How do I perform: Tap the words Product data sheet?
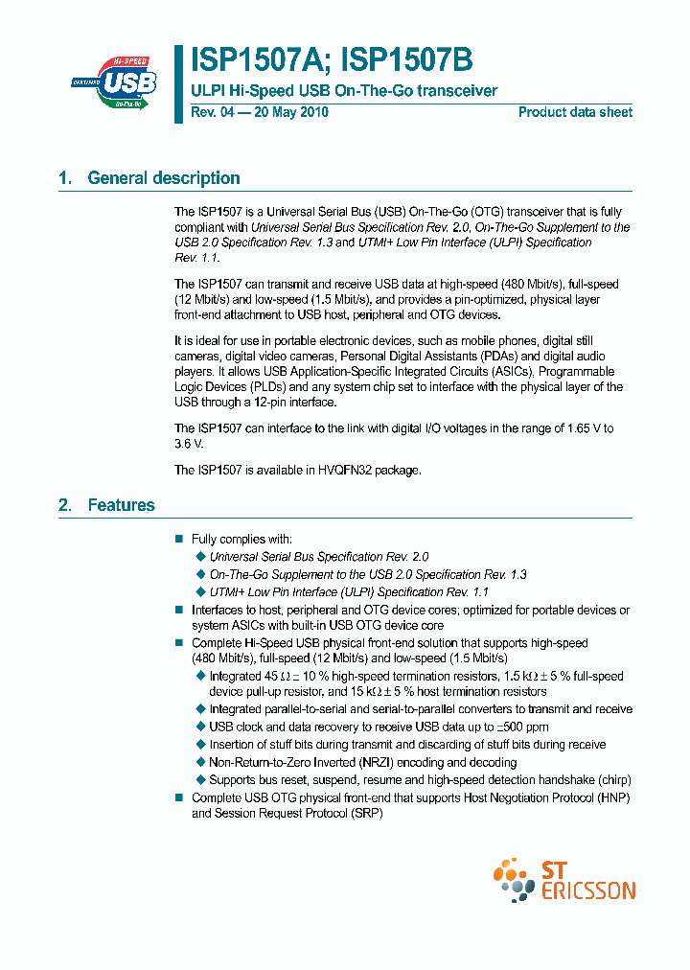[x=575, y=112]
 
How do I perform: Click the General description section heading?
[x=163, y=177]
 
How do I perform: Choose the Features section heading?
[x=121, y=505]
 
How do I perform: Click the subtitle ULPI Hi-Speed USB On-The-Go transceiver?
[x=344, y=91]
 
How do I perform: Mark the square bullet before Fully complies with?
[x=178, y=540]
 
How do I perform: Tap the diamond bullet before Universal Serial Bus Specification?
[x=200, y=557]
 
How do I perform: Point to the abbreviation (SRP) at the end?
[x=368, y=813]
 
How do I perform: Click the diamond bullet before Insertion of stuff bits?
[x=200, y=745]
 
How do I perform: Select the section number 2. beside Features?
[x=65, y=505]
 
